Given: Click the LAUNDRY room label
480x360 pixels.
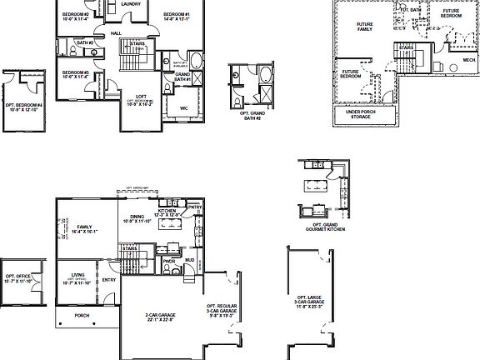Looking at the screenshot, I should click(x=129, y=4).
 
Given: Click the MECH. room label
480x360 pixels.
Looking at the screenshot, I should click(x=458, y=61).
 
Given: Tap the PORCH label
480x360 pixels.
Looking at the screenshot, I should click(x=82, y=316).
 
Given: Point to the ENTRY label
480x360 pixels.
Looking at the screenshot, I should click(x=108, y=280).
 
